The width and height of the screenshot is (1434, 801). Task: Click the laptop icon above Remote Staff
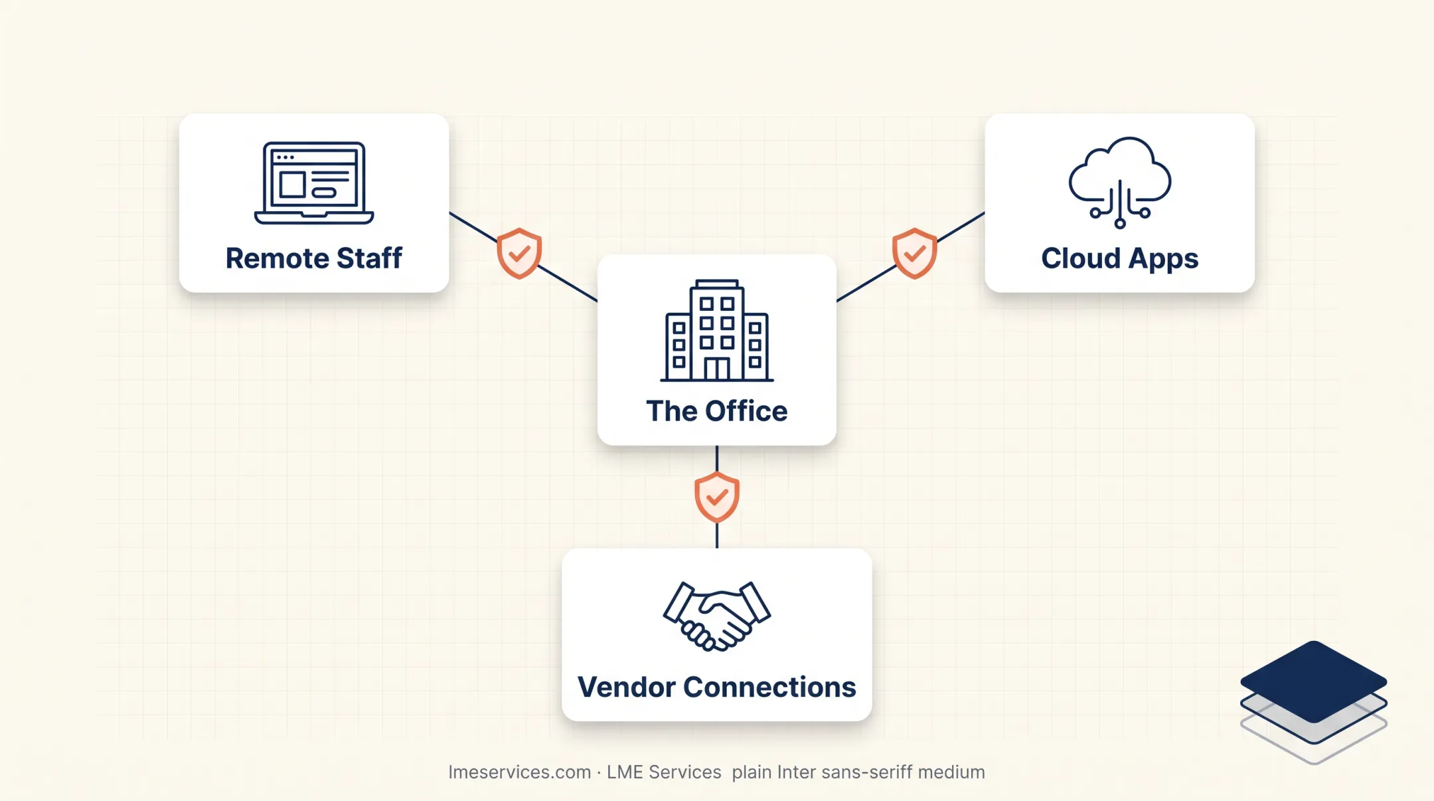pyautogui.click(x=314, y=183)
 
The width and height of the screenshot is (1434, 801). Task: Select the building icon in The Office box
pyautogui.click(x=717, y=330)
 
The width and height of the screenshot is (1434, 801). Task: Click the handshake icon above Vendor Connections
pyautogui.click(x=717, y=616)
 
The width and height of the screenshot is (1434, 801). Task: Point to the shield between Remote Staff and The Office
pyautogui.click(x=519, y=253)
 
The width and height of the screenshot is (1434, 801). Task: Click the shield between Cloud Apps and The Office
pyautogui.click(x=915, y=253)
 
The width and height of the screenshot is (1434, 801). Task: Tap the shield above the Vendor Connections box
pyautogui.click(x=717, y=497)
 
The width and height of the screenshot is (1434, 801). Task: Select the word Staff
pyautogui.click(x=369, y=258)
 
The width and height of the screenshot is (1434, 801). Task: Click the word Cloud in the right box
pyautogui.click(x=1080, y=258)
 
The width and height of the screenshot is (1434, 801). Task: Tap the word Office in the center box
pyautogui.click(x=746, y=411)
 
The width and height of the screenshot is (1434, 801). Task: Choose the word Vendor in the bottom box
pyautogui.click(x=627, y=687)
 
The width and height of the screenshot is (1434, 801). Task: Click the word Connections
pyautogui.click(x=770, y=687)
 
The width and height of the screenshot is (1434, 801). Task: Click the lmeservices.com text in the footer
pyautogui.click(x=519, y=772)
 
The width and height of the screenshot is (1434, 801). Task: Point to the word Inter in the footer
pyautogui.click(x=797, y=772)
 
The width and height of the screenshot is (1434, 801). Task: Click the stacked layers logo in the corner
pyautogui.click(x=1313, y=701)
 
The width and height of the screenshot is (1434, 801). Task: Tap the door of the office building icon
pyautogui.click(x=717, y=369)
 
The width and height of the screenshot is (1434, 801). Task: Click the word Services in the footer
pyautogui.click(x=684, y=772)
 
